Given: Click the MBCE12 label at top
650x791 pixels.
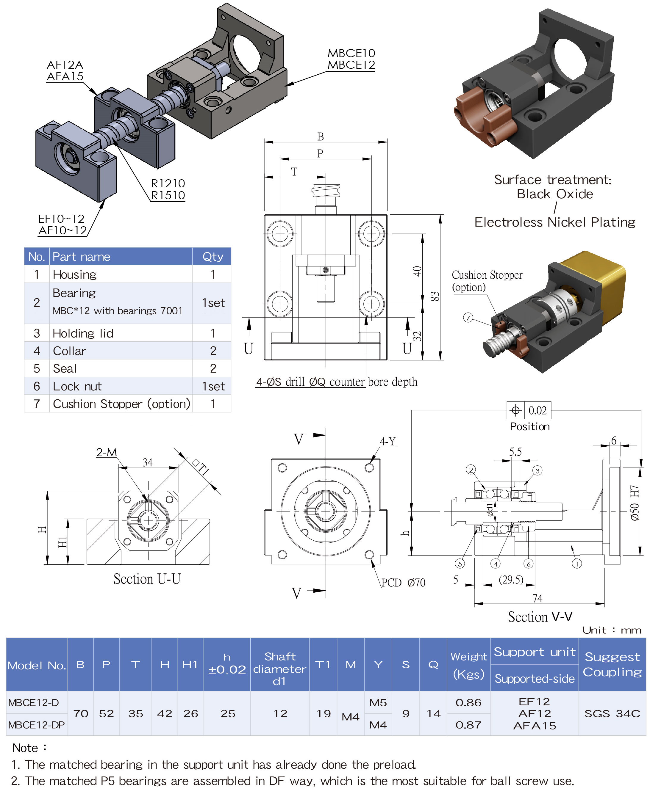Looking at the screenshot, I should [351, 65].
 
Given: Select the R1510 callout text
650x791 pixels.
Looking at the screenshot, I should [168, 195].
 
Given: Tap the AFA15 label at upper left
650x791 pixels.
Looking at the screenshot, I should [65, 76].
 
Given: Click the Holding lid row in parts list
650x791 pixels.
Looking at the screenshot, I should [83, 333].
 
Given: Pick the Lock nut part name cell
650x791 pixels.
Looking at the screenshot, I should [77, 386].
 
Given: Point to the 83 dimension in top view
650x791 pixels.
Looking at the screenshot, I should [434, 296].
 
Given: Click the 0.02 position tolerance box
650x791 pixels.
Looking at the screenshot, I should [537, 410].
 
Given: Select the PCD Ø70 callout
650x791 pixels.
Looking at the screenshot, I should [403, 583].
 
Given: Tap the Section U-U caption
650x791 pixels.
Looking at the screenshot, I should [147, 579].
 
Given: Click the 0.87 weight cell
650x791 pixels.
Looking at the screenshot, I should [468, 725].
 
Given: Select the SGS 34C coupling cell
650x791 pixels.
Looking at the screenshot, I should [612, 714].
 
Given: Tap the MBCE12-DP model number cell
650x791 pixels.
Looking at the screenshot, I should [36, 725].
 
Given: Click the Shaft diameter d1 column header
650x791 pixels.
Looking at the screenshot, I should [280, 669].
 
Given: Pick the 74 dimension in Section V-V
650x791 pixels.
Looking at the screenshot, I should [537, 598].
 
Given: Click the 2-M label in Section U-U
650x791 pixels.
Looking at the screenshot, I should [106, 452].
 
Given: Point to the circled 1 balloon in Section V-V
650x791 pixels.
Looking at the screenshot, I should [576, 564].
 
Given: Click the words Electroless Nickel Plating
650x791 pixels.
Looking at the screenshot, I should [554, 222].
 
